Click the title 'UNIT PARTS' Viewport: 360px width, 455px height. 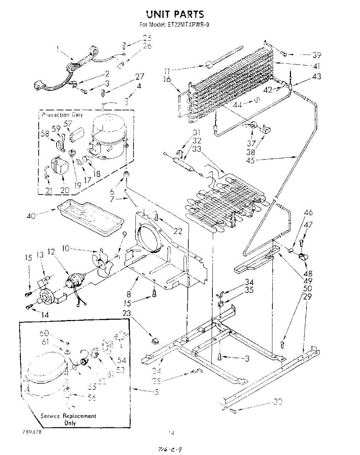tap(175, 14)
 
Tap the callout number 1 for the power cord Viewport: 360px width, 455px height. tap(57, 49)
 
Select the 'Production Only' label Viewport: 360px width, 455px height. tap(62, 115)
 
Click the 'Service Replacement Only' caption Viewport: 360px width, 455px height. tap(68, 419)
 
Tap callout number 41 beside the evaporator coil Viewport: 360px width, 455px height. tap(317, 65)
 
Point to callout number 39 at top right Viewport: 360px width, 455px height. tap(316, 54)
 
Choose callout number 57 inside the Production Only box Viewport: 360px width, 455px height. tap(68, 124)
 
